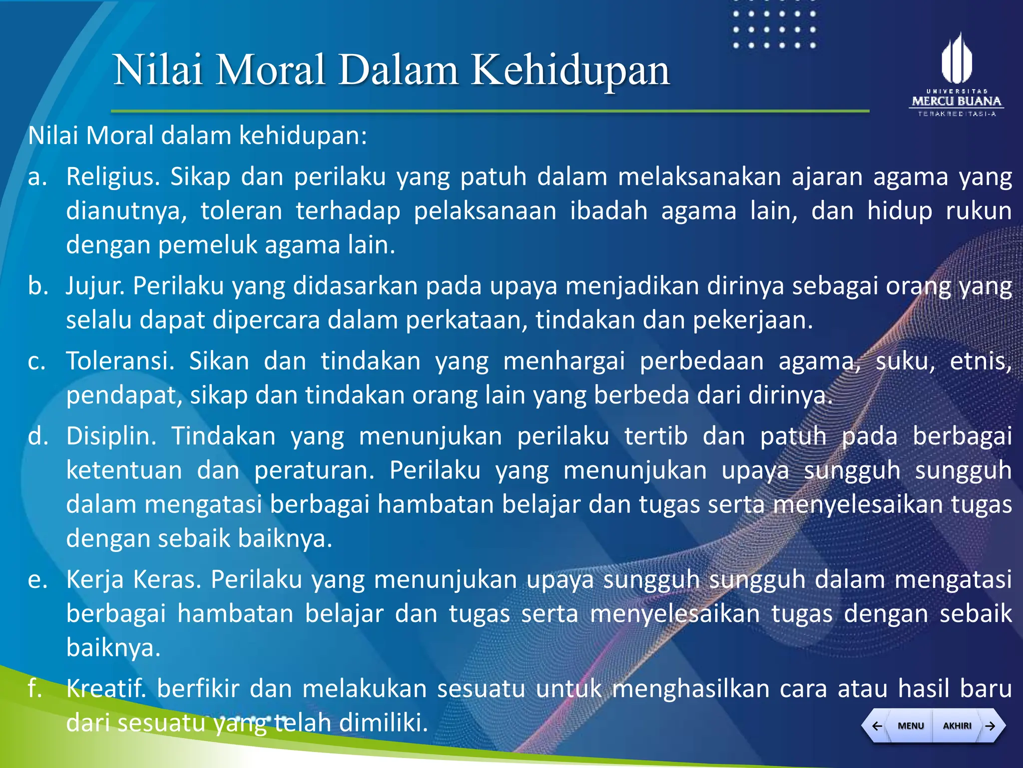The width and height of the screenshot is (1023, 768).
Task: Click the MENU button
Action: [x=910, y=725]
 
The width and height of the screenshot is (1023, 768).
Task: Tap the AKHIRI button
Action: [x=957, y=725]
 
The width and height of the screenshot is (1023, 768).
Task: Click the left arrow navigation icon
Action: [x=877, y=725]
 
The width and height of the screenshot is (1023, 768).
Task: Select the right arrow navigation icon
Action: [x=991, y=725]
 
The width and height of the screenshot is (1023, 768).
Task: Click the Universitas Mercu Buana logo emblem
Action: [x=957, y=58]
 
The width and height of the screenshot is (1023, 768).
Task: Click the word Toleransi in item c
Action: [x=120, y=361]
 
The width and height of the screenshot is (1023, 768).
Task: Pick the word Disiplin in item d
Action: [x=111, y=436]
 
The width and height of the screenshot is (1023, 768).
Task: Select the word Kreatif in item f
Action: [x=106, y=688]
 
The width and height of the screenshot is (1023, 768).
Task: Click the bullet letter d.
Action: [x=37, y=436]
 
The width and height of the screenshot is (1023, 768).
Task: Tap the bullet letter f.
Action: [x=34, y=688]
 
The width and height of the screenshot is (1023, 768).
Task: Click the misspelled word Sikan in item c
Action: [x=219, y=361]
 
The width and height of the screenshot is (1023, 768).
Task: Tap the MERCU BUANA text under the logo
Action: [x=957, y=101]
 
